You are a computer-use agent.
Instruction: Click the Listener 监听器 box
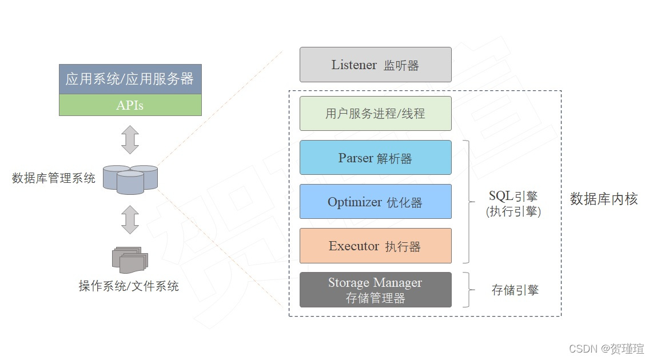[375, 65]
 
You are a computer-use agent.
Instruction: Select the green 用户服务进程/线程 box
[375, 113]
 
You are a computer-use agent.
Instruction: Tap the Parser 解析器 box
[375, 158]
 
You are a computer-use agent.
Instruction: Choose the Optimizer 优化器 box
[375, 202]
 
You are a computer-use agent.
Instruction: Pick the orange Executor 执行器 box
[375, 246]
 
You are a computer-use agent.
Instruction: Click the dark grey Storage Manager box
[375, 290]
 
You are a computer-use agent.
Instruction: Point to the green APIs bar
[130, 105]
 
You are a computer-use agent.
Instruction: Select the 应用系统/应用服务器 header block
[130, 79]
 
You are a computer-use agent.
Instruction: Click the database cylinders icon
[130, 178]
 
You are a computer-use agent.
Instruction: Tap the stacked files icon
[130, 260]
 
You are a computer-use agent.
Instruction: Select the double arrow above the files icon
[130, 220]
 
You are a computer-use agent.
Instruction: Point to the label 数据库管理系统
[54, 178]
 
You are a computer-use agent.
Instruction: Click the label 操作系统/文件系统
[129, 286]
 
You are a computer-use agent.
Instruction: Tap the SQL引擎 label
[513, 197]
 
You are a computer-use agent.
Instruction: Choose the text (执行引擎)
[513, 211]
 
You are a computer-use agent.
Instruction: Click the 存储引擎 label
[515, 290]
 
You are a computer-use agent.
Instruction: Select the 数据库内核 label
[604, 199]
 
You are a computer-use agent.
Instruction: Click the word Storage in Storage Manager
[348, 283]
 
